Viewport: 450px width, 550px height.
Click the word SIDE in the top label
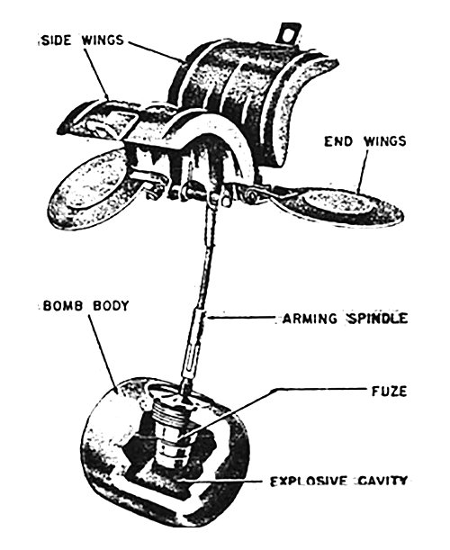tap(56, 40)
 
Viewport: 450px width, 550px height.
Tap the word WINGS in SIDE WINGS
tap(103, 40)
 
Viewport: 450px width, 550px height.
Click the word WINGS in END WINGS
tap(385, 141)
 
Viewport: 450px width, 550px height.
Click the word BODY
tap(111, 306)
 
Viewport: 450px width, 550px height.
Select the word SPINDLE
tap(377, 319)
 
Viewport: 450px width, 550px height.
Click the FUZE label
tap(390, 391)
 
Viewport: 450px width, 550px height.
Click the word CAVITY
tap(383, 481)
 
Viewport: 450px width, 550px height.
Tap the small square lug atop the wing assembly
tap(290, 33)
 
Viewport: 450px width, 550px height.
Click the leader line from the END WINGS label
tap(364, 171)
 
